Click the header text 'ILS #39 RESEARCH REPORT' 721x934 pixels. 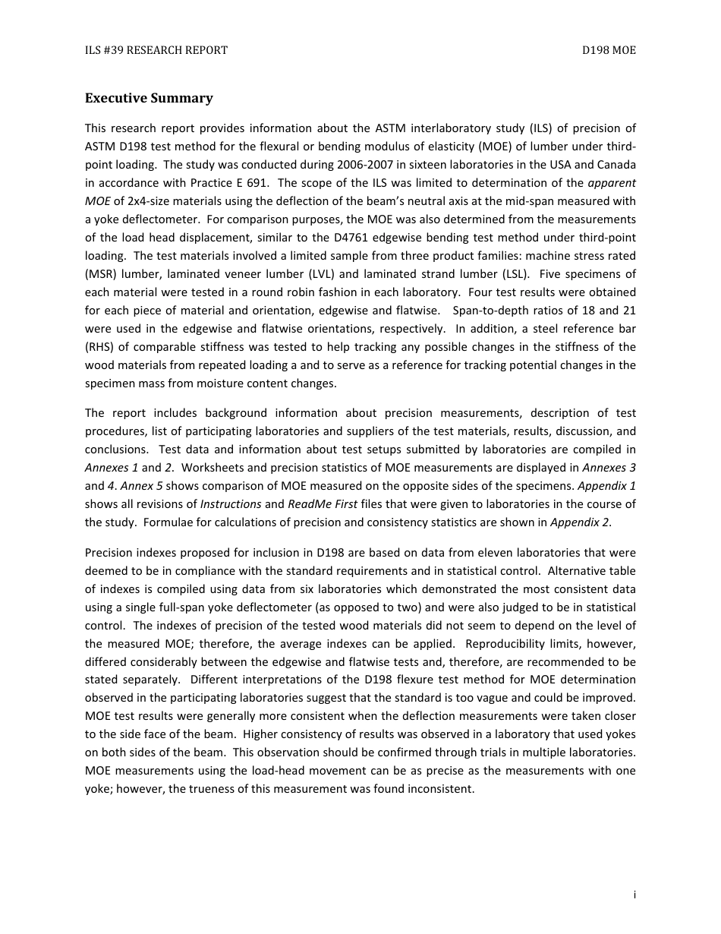click(x=156, y=51)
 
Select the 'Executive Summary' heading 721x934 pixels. click(x=149, y=98)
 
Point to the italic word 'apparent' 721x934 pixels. click(x=612, y=183)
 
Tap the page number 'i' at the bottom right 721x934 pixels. click(x=634, y=895)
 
